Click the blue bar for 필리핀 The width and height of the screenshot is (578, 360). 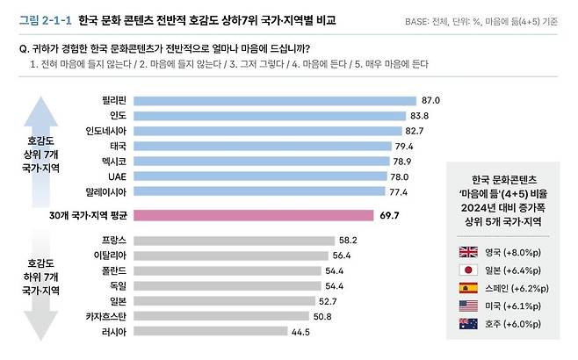click(x=274, y=101)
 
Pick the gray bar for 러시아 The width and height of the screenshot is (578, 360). click(x=210, y=331)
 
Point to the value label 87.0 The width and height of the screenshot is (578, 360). click(x=431, y=101)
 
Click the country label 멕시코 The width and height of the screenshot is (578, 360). click(x=112, y=161)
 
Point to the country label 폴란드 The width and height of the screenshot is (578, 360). click(x=112, y=270)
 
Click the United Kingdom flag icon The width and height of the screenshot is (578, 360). click(x=470, y=251)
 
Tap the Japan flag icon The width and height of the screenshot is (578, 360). click(x=470, y=271)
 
